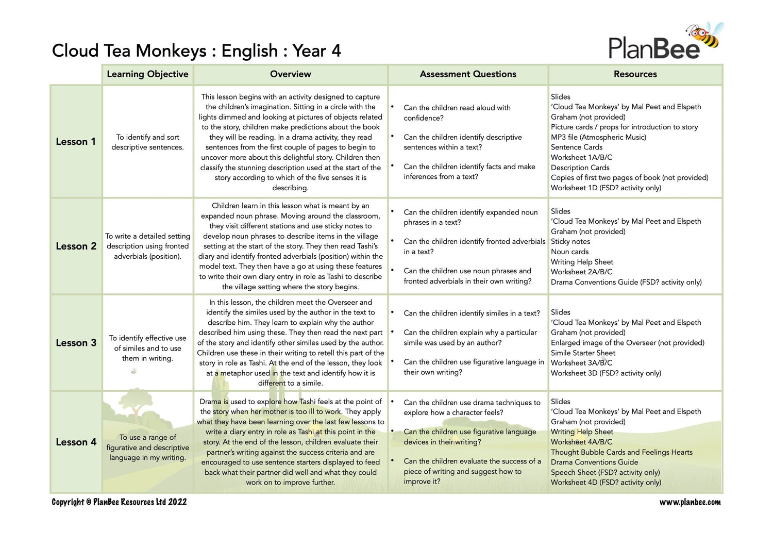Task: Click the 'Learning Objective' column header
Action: pyautogui.click(x=147, y=74)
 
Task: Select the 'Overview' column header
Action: pyautogui.click(x=290, y=74)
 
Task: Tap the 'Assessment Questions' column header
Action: pyautogui.click(x=467, y=74)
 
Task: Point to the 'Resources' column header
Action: pyautogui.click(x=635, y=74)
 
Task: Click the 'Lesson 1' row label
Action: pyautogui.click(x=76, y=142)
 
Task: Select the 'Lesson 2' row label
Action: pyautogui.click(x=76, y=246)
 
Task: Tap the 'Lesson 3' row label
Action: pyautogui.click(x=76, y=343)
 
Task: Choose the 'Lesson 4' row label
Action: pyautogui.click(x=76, y=442)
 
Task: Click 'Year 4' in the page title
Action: pyautogui.click(x=316, y=51)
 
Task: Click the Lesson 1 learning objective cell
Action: pyautogui.click(x=147, y=142)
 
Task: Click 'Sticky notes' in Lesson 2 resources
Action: pyautogui.click(x=570, y=242)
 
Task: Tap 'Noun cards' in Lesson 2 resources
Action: pyautogui.click(x=569, y=252)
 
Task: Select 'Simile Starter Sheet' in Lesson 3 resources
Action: pyautogui.click(x=583, y=353)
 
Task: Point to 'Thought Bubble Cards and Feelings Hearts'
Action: pyautogui.click(x=621, y=452)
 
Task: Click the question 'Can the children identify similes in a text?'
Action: pyautogui.click(x=472, y=313)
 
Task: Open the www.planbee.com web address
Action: pyautogui.click(x=690, y=502)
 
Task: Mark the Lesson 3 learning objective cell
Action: pyautogui.click(x=147, y=348)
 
